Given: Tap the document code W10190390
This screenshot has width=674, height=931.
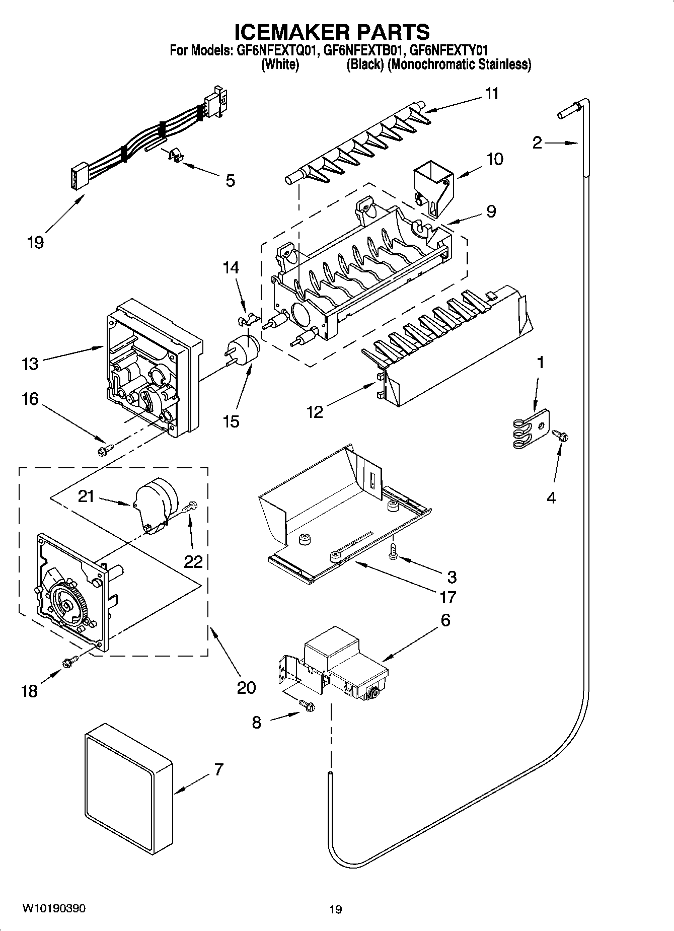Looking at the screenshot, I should (x=54, y=908).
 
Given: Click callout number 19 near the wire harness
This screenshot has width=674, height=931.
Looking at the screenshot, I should (x=35, y=242).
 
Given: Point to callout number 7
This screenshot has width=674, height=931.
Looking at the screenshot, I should (x=218, y=770).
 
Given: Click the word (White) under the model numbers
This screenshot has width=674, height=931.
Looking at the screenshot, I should (x=280, y=64).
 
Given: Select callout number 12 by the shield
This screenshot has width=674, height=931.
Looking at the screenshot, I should (x=314, y=411).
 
